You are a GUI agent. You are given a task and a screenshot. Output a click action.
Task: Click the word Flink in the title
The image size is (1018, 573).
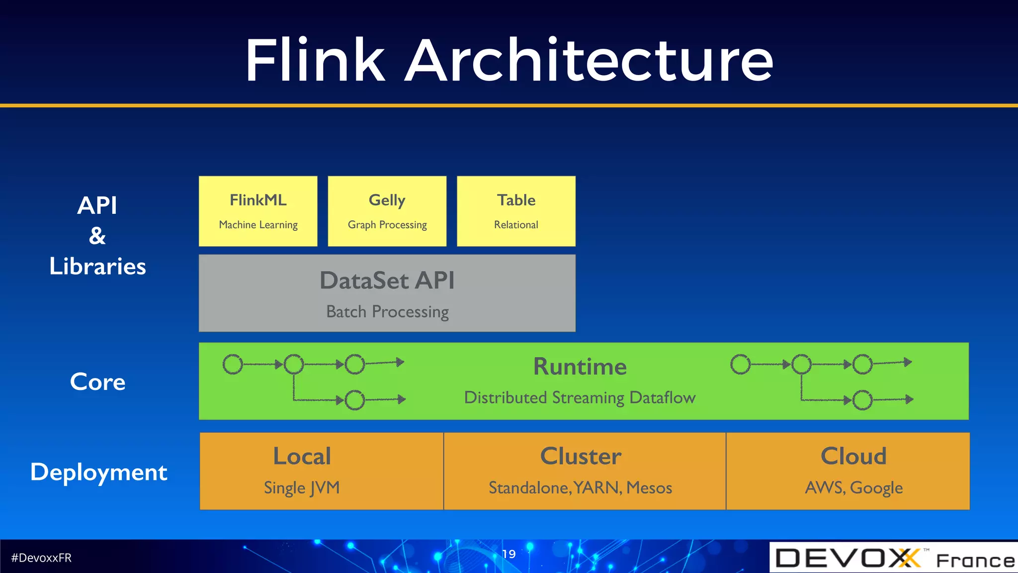315,61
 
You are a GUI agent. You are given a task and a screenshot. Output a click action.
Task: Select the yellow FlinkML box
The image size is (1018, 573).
258,211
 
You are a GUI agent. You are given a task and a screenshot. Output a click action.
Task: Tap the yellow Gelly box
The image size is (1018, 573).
387,211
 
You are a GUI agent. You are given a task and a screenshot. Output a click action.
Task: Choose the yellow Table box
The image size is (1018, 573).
516,211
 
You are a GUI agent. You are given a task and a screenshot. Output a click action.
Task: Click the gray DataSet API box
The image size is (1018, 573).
387,293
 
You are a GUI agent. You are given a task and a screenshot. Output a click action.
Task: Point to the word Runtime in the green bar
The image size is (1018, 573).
580,367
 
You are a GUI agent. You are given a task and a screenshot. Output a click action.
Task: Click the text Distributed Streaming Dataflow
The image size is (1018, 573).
580,397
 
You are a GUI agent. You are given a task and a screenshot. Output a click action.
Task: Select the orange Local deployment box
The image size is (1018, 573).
321,471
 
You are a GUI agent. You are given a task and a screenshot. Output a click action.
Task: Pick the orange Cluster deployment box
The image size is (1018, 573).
584,471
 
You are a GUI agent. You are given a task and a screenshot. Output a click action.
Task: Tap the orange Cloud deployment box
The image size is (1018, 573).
848,471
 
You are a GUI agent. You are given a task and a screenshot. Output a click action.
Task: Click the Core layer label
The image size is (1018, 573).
97,382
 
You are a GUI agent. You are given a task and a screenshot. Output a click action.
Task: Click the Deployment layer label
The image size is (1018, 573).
98,472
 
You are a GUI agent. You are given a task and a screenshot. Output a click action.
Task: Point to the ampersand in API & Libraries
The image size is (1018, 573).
97,236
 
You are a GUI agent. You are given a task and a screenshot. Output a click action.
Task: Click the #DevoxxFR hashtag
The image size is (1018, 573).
41,558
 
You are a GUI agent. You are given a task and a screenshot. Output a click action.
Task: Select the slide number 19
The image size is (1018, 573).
509,554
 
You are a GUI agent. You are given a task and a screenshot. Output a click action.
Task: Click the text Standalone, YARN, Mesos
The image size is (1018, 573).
580,487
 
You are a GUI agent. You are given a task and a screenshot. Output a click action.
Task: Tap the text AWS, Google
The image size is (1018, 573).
853,487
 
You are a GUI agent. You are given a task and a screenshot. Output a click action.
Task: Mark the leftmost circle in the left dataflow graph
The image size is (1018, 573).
233,364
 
